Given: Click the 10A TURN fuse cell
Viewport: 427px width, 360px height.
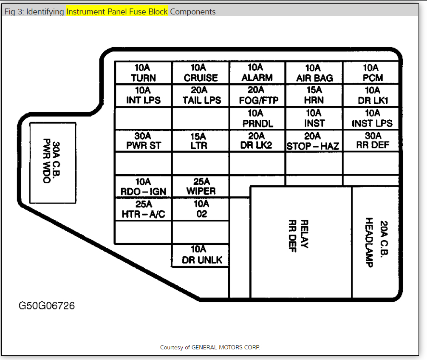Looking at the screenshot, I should click(143, 73).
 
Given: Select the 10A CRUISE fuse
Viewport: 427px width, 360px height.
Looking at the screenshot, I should click(201, 73).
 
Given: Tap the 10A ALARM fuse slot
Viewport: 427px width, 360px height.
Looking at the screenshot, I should click(257, 73).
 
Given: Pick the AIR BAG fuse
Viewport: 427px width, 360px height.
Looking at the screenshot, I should click(314, 73).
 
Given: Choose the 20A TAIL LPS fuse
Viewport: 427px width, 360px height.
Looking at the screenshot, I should click(201, 95).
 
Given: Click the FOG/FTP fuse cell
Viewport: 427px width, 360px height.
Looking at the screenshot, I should click(257, 95).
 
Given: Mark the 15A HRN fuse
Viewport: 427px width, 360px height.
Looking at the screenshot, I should click(314, 95).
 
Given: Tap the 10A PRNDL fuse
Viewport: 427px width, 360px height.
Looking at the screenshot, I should click(257, 118).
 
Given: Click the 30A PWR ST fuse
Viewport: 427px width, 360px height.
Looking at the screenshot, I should click(143, 141).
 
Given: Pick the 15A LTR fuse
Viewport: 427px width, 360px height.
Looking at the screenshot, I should click(201, 141).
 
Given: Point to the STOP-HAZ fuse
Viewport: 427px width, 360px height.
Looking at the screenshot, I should click(313, 141).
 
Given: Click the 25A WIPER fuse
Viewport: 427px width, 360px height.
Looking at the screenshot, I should click(201, 187).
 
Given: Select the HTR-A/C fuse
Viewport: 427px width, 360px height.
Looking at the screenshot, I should click(143, 209).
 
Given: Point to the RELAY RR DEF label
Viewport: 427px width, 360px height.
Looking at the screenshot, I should click(298, 236).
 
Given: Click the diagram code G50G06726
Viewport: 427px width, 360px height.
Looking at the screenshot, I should click(46, 306).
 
